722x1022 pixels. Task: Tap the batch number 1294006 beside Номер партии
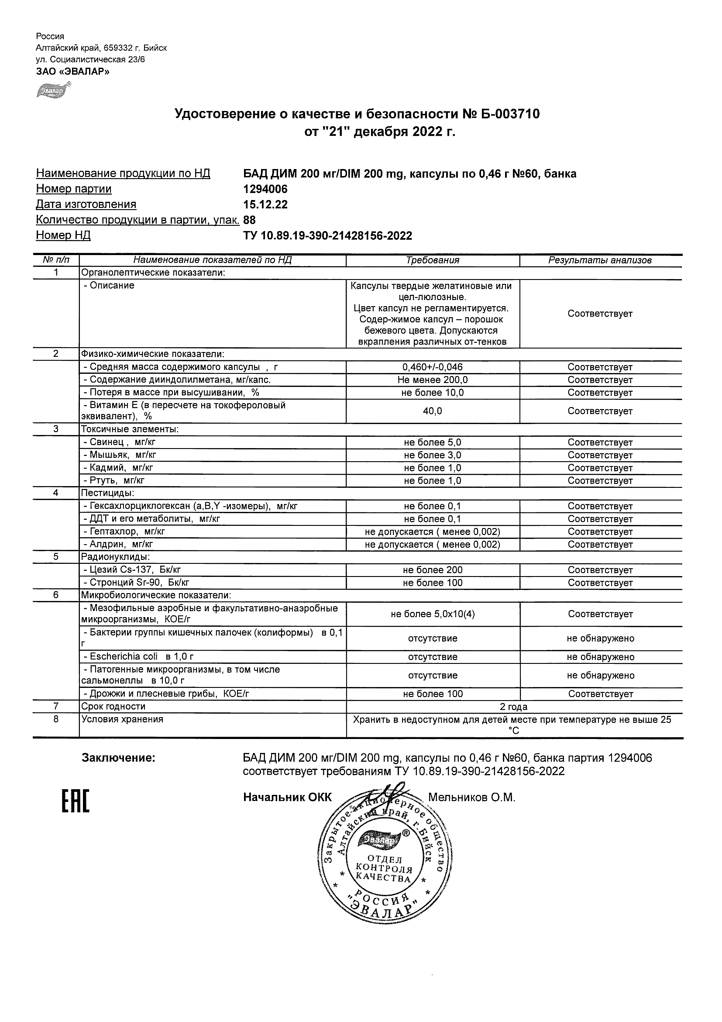tap(265, 189)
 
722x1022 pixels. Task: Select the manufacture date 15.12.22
tap(265, 204)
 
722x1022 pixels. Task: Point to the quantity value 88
tap(250, 220)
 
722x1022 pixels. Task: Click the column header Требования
tap(433, 260)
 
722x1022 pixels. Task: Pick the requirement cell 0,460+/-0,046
tap(433, 367)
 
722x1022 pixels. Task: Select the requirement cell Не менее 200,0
tap(433, 380)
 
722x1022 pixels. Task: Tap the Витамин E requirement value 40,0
tap(433, 411)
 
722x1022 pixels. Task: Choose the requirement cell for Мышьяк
tap(433, 455)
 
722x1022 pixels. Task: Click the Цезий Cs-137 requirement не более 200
tap(433, 570)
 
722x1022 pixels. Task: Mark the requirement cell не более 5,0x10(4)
tap(433, 614)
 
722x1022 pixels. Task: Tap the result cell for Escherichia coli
tap(600, 657)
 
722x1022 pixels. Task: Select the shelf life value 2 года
tap(513, 707)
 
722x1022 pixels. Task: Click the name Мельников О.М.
tap(471, 798)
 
